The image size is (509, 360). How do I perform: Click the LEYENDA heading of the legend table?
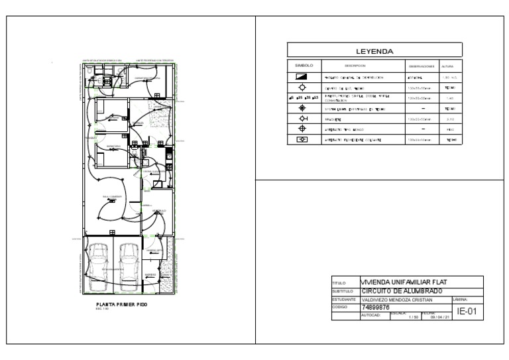pyautogui.click(x=374, y=51)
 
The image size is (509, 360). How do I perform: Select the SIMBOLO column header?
pyautogui.click(x=304, y=66)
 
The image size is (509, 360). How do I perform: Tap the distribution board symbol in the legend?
pyautogui.click(x=304, y=77)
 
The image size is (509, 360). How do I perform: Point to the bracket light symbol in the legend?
pyautogui.click(x=304, y=118)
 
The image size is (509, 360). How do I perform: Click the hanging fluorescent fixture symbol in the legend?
pyautogui.click(x=304, y=140)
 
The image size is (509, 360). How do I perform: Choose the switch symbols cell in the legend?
pyautogui.click(x=304, y=97)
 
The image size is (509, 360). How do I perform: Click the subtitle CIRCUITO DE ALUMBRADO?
pyautogui.click(x=401, y=291)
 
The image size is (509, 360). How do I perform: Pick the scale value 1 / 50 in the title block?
pyautogui.click(x=414, y=317)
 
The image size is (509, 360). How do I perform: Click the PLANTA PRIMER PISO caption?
pyautogui.click(x=121, y=305)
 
